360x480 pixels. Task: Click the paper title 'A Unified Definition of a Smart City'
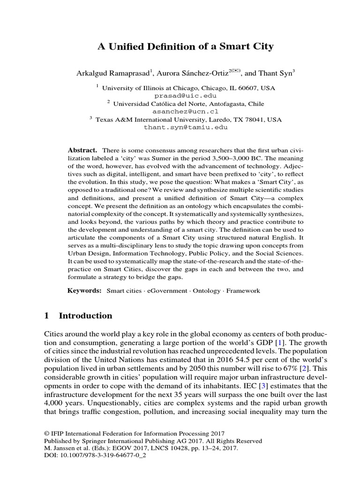(x=185, y=46)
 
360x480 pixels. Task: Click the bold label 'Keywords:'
(x=85, y=291)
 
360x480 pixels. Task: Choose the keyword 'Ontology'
(x=207, y=291)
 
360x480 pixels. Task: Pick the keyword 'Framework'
(x=243, y=291)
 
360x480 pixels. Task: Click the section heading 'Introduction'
(x=85, y=315)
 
